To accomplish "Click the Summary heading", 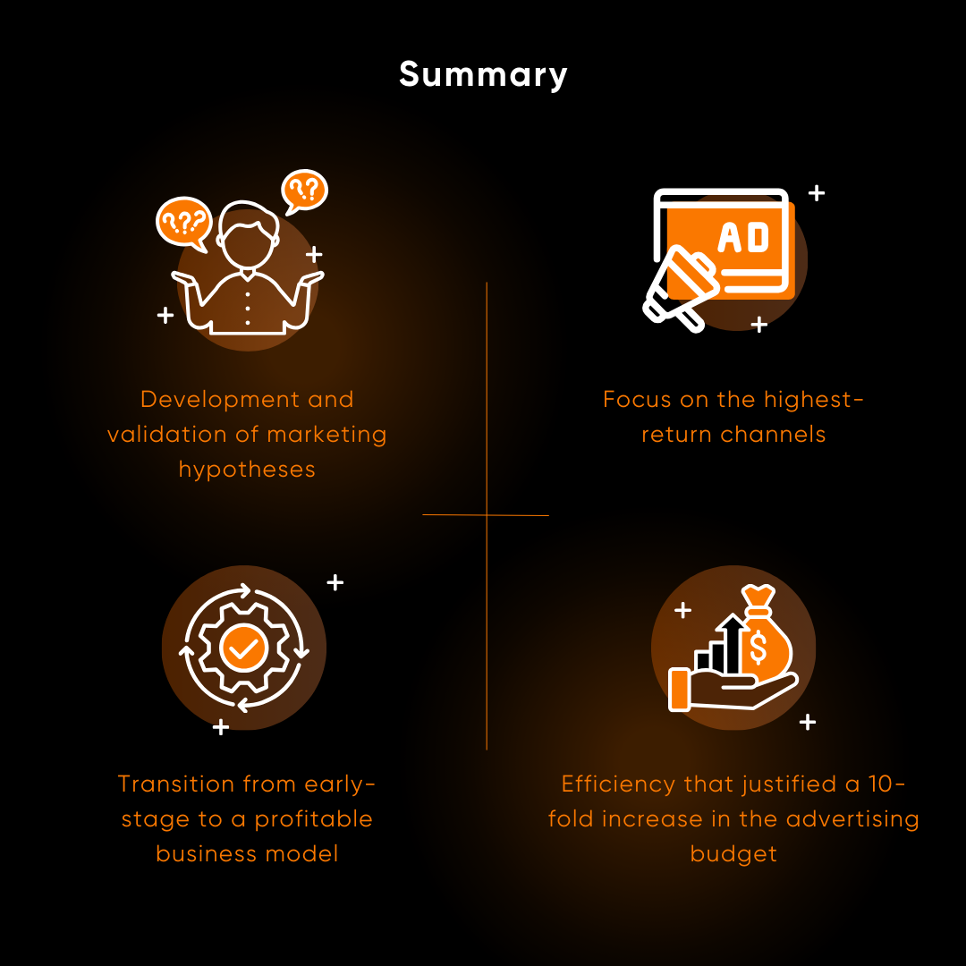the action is tap(483, 74).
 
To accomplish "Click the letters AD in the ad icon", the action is tap(743, 238).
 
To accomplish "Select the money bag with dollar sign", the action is tap(763, 637).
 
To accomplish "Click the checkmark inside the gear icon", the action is tap(242, 648).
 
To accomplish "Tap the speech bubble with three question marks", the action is tap(182, 222).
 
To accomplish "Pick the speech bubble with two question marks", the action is tap(304, 190).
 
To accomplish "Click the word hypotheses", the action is tap(247, 470).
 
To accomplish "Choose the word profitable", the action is tap(313, 819).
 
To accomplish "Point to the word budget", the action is tap(733, 854).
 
